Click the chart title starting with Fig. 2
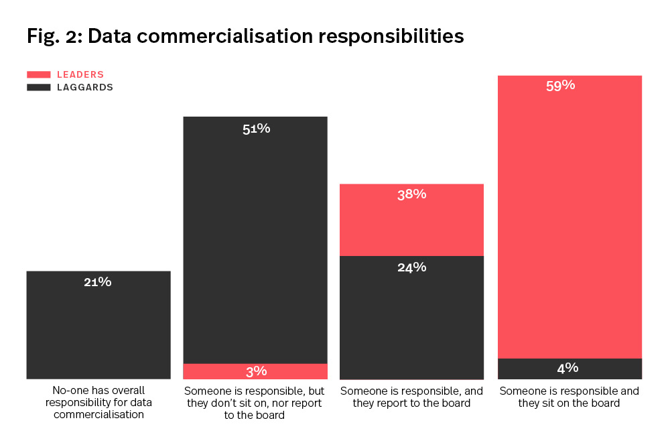pyautogui.click(x=245, y=36)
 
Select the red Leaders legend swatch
pyautogui.click(x=39, y=74)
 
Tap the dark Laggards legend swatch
pyautogui.click(x=39, y=87)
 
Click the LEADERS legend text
pyautogui.click(x=80, y=74)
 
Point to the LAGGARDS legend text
pyautogui.click(x=85, y=87)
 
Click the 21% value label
pyautogui.click(x=98, y=282)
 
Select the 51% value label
pyautogui.click(x=256, y=129)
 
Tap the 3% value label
pyautogui.click(x=256, y=371)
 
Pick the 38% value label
pyautogui.click(x=411, y=194)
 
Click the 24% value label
pyautogui.click(x=411, y=267)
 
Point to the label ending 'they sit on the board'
pyautogui.click(x=569, y=397)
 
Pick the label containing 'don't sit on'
pyautogui.click(x=255, y=403)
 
